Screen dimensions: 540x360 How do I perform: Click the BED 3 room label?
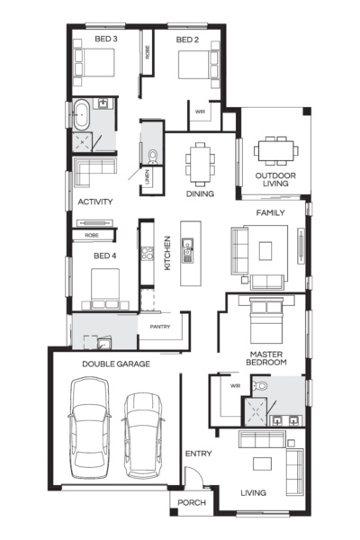pyautogui.click(x=106, y=40)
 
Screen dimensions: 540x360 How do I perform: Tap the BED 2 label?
pyautogui.click(x=186, y=40)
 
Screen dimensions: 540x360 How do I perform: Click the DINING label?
pyautogui.click(x=200, y=193)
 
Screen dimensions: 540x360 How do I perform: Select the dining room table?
pyautogui.click(x=200, y=163)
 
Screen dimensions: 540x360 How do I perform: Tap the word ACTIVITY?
pyautogui.click(x=94, y=202)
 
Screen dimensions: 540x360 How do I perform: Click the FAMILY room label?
pyautogui.click(x=270, y=212)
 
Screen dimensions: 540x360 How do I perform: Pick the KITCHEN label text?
pyautogui.click(x=166, y=254)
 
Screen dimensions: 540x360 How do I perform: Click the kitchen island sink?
pyautogui.click(x=188, y=244)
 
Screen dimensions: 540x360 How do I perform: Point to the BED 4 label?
pyautogui.click(x=105, y=256)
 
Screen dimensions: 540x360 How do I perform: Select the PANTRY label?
pyautogui.click(x=160, y=326)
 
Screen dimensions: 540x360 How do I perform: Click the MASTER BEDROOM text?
pyautogui.click(x=268, y=358)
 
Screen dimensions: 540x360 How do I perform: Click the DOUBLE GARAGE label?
pyautogui.click(x=115, y=364)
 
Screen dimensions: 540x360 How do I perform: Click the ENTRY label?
pyautogui.click(x=198, y=454)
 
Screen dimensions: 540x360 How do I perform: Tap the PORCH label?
pyautogui.click(x=191, y=502)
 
